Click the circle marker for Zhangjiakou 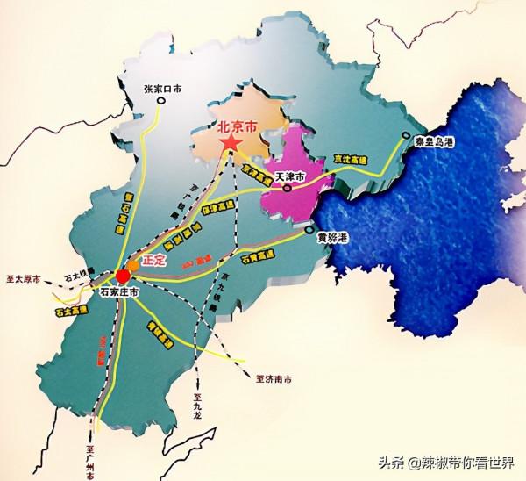tap(161, 101)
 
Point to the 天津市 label tap(289, 176)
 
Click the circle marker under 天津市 tap(287, 187)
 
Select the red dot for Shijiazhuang tap(122, 275)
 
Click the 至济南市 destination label tap(273, 379)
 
